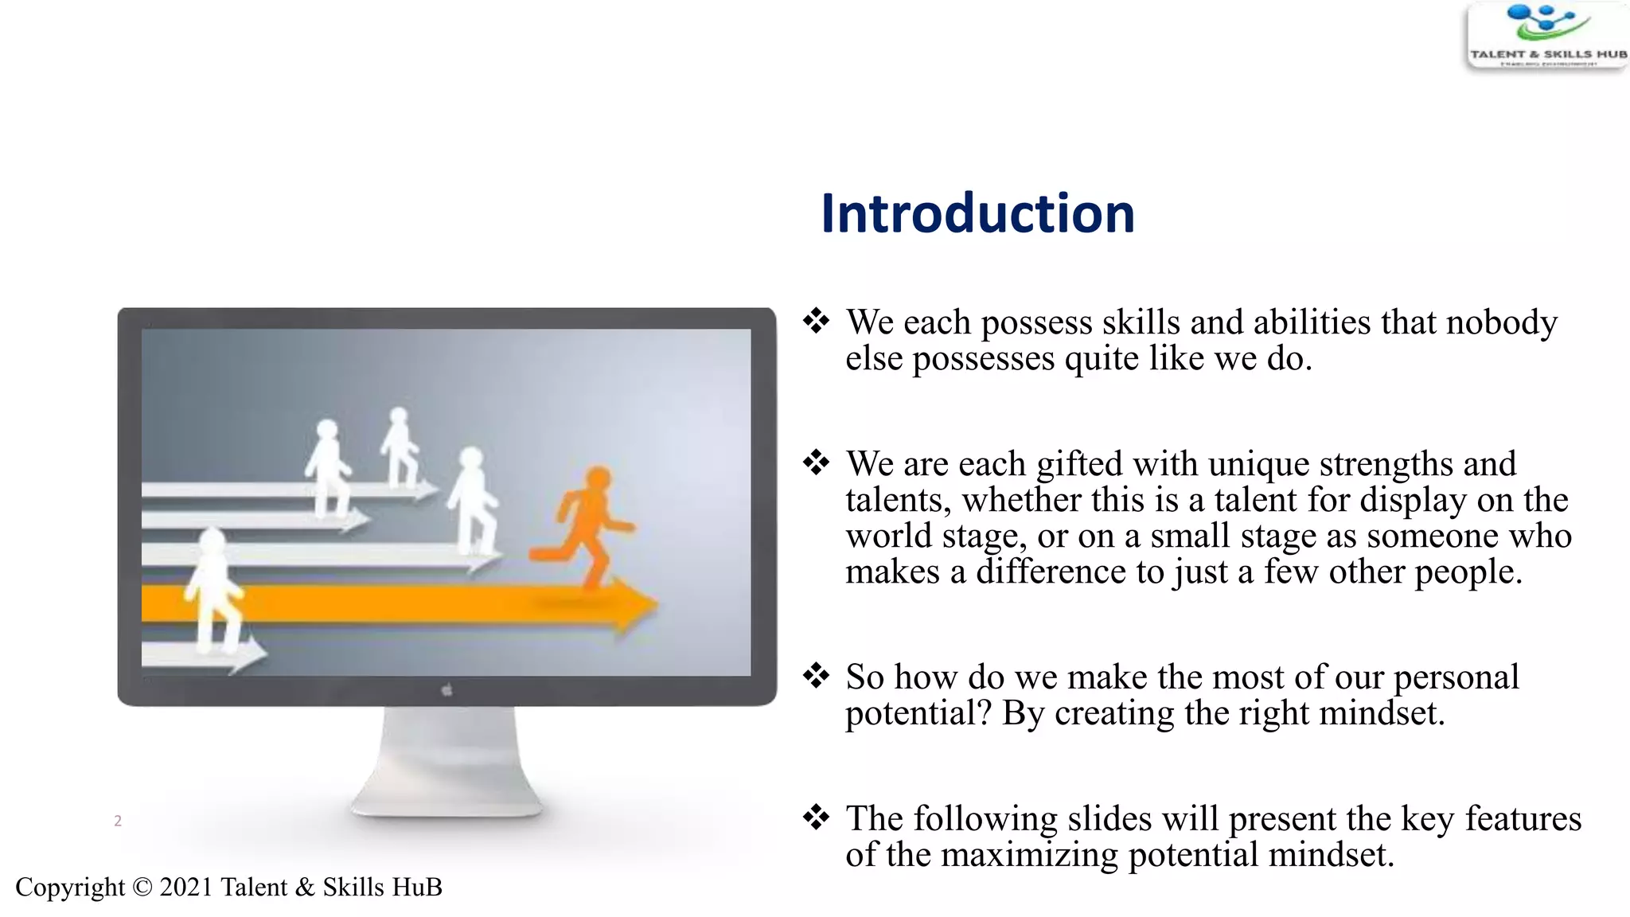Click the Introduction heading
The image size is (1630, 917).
(x=977, y=213)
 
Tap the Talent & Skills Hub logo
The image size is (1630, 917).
(x=1546, y=36)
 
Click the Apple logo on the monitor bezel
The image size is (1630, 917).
(x=446, y=690)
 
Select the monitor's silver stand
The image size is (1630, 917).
(x=447, y=764)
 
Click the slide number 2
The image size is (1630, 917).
(x=118, y=821)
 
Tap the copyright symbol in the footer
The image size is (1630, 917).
(x=142, y=887)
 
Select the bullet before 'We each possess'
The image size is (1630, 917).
(x=816, y=322)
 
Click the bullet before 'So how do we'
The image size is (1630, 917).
(x=816, y=676)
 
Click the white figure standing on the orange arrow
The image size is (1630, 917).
(x=213, y=589)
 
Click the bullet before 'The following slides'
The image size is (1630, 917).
(x=816, y=817)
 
